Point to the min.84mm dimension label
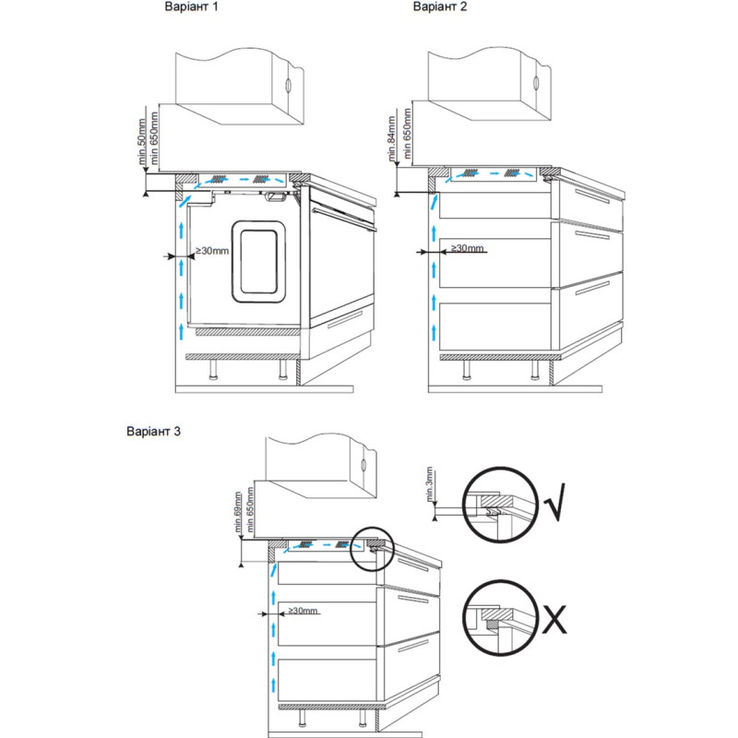pos(392,138)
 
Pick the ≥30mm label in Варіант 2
pos(465,248)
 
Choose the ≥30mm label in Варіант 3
pos(303,611)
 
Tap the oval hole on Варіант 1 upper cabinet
pos(290,85)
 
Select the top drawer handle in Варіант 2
pos(589,200)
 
